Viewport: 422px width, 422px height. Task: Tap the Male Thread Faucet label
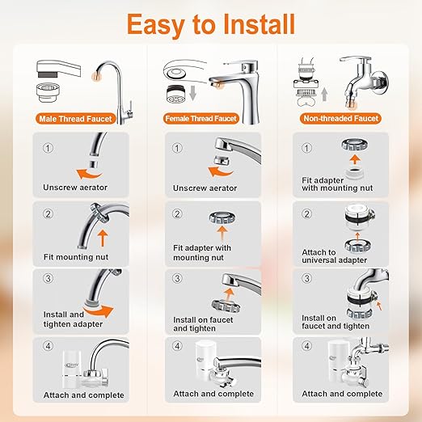tap(75, 119)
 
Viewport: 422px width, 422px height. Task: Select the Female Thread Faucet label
tap(200, 119)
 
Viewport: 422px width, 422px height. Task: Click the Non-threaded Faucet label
tap(340, 118)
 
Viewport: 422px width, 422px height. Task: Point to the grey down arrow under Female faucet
tap(192, 93)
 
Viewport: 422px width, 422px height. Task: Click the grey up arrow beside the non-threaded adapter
tap(325, 95)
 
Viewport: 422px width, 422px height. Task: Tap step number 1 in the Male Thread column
tap(48, 148)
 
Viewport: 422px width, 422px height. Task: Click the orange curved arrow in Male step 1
tap(88, 174)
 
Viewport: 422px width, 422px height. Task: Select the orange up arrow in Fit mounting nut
tap(103, 238)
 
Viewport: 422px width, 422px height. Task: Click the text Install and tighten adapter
tap(73, 319)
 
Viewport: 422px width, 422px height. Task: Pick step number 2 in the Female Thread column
tap(177, 214)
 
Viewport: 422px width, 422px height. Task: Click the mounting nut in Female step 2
tap(222, 217)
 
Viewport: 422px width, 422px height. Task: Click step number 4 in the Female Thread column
tap(177, 346)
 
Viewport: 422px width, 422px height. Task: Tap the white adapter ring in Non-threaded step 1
tap(355, 173)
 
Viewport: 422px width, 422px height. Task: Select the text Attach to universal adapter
tap(334, 256)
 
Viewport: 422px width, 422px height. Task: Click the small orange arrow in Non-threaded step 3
tap(379, 306)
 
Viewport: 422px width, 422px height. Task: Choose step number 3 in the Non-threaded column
tap(306, 278)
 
